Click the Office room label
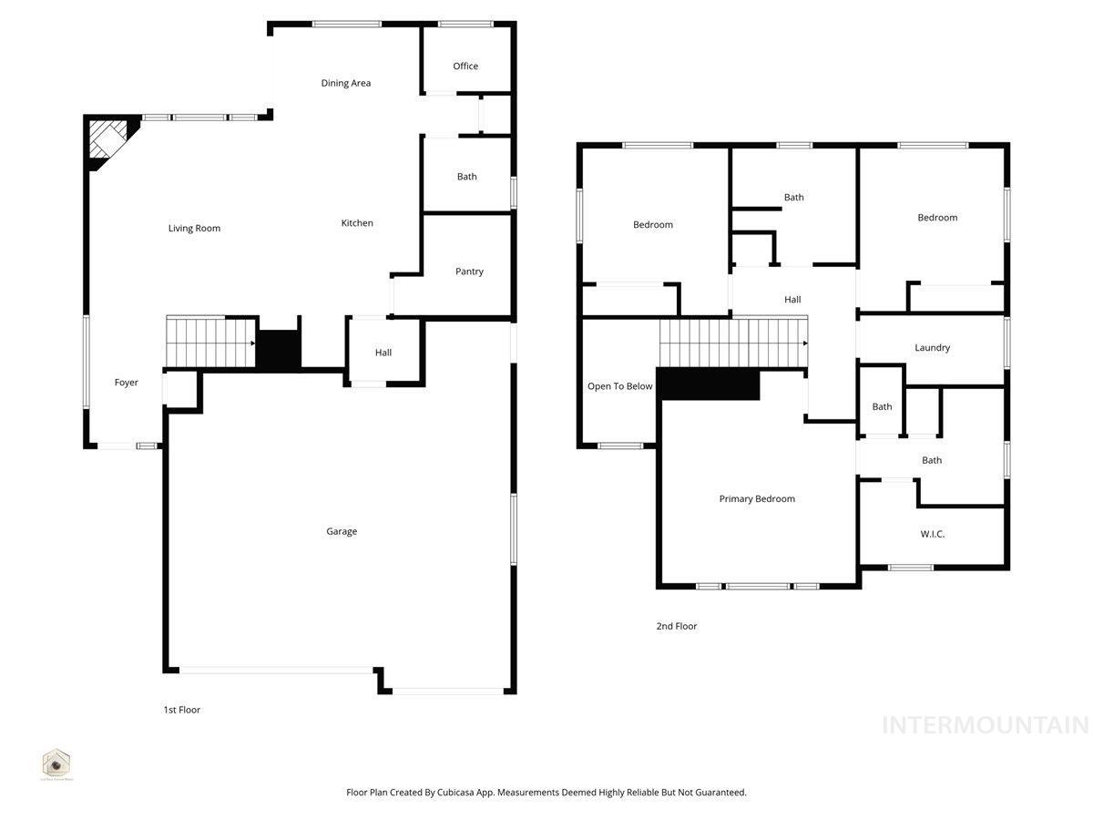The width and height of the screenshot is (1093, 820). coord(465,67)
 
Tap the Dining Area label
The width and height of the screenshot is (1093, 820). coord(346,83)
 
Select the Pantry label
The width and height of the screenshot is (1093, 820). coord(469,272)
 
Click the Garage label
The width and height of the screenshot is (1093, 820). coord(342,531)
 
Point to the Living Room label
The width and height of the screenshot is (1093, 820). coord(194,229)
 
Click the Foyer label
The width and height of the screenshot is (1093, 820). coord(127,383)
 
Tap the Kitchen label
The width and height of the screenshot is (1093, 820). coord(357,223)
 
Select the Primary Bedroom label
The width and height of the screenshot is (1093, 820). coord(757,498)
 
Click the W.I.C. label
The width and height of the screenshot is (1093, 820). coord(932,534)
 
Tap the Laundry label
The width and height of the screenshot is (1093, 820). coord(932,348)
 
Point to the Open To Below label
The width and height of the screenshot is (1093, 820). coord(619,386)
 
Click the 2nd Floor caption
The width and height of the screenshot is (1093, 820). coord(677,626)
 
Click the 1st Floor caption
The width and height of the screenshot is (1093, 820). coord(182,710)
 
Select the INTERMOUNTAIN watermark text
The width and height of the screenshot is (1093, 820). coord(986,725)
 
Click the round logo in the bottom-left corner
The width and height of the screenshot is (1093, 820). coord(56,763)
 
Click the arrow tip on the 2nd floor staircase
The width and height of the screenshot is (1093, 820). coord(806,343)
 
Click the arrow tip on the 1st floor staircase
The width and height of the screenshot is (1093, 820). coord(252,343)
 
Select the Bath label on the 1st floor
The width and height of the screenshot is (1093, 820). coord(466,177)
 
